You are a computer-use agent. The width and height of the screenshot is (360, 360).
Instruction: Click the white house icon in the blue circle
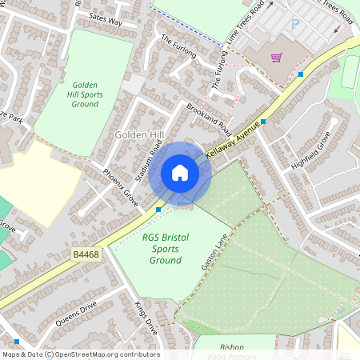pyautogui.click(x=179, y=172)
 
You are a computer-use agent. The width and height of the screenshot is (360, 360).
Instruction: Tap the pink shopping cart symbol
pyautogui.click(x=276, y=58)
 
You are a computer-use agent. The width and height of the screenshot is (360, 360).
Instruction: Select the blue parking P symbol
pyautogui.click(x=294, y=25)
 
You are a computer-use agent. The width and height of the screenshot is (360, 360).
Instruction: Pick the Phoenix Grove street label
pyautogui.click(x=121, y=187)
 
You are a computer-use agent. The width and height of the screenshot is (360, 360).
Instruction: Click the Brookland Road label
pyautogui.click(x=209, y=118)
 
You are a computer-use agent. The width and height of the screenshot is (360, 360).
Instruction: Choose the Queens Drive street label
pyautogui.click(x=77, y=313)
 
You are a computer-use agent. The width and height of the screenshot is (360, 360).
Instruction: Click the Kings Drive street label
pyautogui.click(x=146, y=318)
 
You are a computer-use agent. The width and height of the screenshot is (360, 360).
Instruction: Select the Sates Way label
pyautogui.click(x=106, y=20)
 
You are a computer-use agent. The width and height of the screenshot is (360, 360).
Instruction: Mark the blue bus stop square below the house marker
pyautogui.click(x=159, y=210)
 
